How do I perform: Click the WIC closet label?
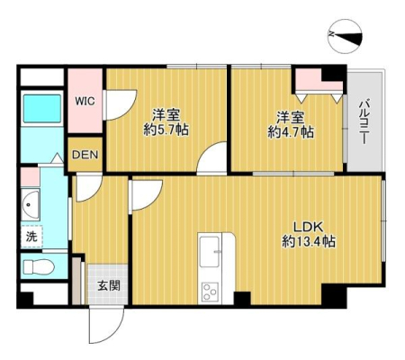(x=85, y=101)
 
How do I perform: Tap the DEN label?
(x=85, y=155)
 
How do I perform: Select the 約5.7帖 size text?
(x=166, y=130)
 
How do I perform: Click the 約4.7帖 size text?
(x=291, y=132)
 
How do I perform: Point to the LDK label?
(x=308, y=228)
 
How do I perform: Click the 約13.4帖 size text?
(x=309, y=241)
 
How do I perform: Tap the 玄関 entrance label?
(x=109, y=286)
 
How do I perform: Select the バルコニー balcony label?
(x=364, y=122)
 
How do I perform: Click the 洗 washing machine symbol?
(x=31, y=237)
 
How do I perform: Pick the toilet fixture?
(x=39, y=266)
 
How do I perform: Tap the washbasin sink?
(x=31, y=205)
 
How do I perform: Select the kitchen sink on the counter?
(x=210, y=251)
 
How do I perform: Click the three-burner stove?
(x=210, y=292)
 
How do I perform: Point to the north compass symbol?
(x=345, y=37)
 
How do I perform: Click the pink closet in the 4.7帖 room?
(x=319, y=80)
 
